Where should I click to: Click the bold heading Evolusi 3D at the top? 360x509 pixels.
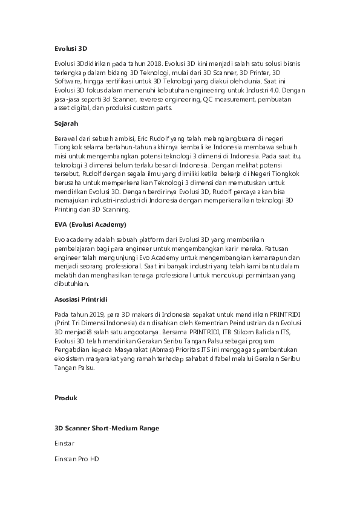71,47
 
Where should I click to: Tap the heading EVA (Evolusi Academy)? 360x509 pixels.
90,224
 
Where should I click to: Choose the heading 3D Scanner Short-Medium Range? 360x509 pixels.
106,428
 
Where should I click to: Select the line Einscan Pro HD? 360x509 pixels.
76,459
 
